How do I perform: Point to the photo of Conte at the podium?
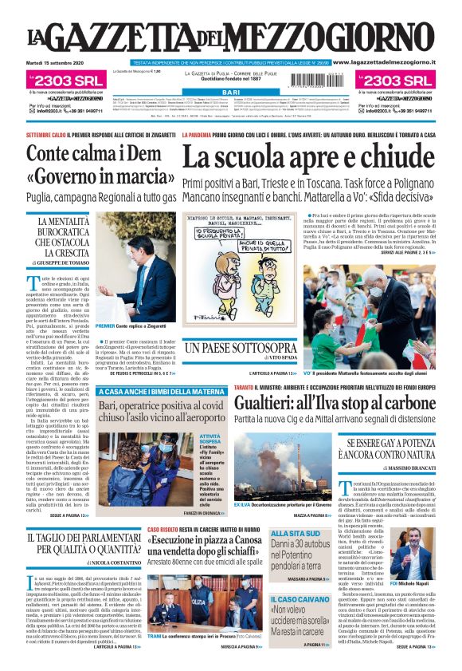pos(135,267)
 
